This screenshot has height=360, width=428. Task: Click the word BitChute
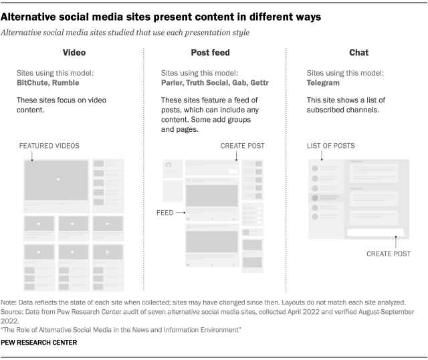tap(34, 82)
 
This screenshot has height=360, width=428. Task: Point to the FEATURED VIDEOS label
tap(49, 145)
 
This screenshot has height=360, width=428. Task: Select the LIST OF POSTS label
tap(331, 145)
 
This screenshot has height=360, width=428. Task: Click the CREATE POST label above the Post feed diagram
tap(241, 145)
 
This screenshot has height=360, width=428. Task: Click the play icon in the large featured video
tap(58, 179)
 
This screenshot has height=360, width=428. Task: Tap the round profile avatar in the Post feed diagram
tap(169, 165)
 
